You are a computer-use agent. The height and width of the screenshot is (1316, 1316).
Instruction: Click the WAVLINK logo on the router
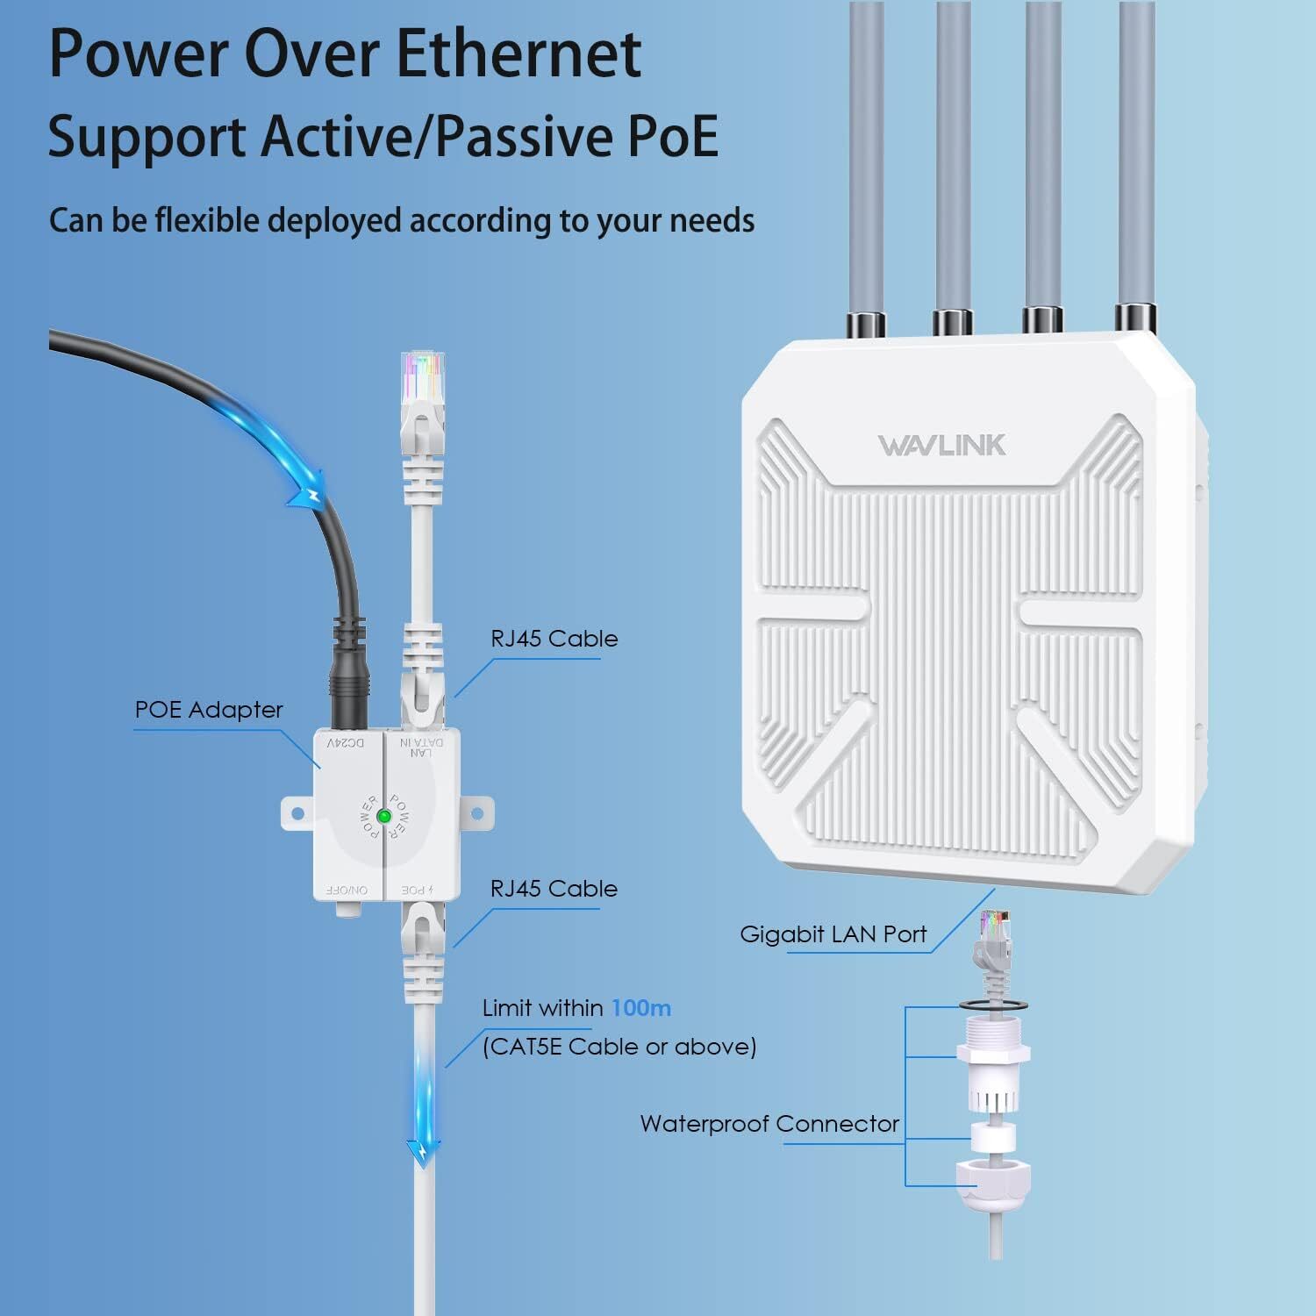pyautogui.click(x=941, y=445)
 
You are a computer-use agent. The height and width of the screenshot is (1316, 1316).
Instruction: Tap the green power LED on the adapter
pyautogui.click(x=383, y=817)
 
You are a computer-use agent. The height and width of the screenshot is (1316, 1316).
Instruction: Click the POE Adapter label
pyautogui.click(x=209, y=710)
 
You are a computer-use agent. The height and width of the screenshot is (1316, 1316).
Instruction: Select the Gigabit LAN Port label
pyautogui.click(x=833, y=934)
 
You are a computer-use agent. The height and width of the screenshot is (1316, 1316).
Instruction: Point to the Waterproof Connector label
pyautogui.click(x=769, y=1124)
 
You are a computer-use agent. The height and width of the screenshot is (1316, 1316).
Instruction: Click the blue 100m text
pyautogui.click(x=641, y=1008)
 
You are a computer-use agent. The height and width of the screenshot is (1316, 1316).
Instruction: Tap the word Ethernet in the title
pyautogui.click(x=518, y=54)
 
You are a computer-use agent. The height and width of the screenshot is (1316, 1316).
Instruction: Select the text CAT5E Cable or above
pyautogui.click(x=619, y=1047)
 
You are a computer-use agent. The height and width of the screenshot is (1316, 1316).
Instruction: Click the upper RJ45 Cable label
pyautogui.click(x=554, y=639)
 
